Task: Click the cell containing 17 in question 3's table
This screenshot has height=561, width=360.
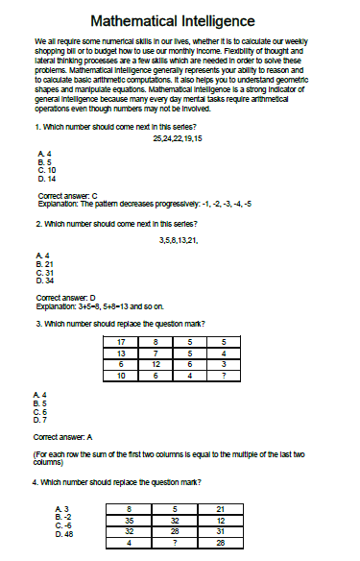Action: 121,342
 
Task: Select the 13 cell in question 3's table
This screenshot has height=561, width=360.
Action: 121,353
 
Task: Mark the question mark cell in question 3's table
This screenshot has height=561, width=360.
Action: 223,375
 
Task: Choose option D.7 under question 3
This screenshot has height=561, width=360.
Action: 39,419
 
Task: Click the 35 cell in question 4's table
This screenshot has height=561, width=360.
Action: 129,519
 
